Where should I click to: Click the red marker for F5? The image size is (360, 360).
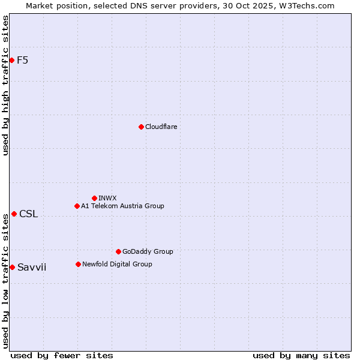(11, 60)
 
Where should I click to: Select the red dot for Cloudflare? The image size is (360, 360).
(141, 127)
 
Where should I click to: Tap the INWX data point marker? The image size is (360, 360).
(94, 198)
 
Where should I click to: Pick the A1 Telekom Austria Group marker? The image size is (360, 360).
(77, 206)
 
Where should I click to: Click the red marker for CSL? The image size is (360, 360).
(14, 214)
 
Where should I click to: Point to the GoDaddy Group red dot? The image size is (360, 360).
(118, 251)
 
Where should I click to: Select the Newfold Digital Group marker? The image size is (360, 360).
(78, 264)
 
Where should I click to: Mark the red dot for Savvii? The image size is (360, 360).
(12, 267)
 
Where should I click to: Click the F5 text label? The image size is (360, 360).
(22, 60)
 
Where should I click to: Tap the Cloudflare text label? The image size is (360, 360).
(161, 127)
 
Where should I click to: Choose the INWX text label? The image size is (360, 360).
(107, 198)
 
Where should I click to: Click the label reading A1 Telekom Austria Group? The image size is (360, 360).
(122, 206)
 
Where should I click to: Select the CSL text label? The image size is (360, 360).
(28, 214)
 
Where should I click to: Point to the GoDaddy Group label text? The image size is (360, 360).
(148, 251)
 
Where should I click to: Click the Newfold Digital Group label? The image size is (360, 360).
(117, 264)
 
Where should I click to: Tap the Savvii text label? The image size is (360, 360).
(32, 268)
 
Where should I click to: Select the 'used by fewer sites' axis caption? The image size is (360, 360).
(62, 355)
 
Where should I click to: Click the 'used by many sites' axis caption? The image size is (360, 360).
(301, 355)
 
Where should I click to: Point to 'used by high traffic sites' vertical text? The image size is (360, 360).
(5, 85)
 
